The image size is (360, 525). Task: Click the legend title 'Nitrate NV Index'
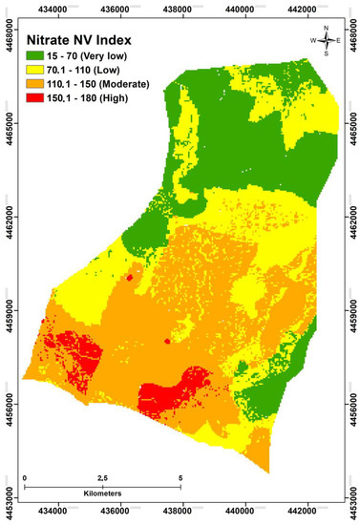click(91, 41)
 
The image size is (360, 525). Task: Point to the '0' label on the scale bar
click(25, 476)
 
